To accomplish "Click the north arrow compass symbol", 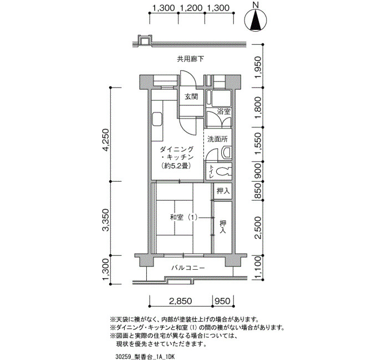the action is [256, 20].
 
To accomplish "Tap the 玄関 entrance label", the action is [191, 97].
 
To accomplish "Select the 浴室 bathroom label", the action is [224, 111].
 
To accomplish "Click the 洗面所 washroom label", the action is [217, 139].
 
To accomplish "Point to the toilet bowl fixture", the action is [222, 171].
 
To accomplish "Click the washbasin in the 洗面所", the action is [226, 152].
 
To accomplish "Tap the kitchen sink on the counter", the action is [157, 119].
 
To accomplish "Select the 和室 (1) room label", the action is [183, 218].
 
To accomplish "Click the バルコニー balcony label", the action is [188, 268].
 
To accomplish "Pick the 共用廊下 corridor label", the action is [191, 59].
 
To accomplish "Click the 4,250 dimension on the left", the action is [106, 140].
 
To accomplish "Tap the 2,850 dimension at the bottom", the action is [180, 301].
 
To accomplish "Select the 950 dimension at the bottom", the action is [222, 301].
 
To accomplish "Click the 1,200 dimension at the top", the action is [191, 8].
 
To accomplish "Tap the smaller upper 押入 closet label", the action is [223, 191].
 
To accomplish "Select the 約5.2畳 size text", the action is [176, 166].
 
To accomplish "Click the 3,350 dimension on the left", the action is [106, 220].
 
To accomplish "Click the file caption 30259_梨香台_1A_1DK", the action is [145, 357].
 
